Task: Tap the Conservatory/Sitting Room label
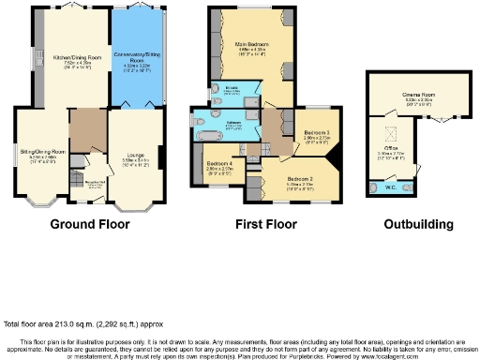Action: coord(138,57)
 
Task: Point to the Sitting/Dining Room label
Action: coord(43,150)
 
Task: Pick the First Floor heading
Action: coord(263,224)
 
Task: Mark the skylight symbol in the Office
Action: coord(385,130)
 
